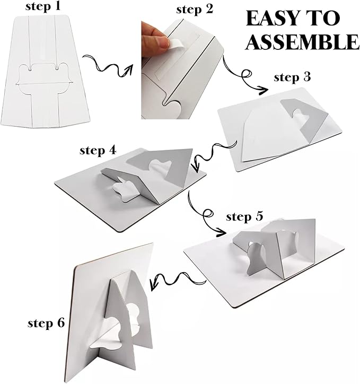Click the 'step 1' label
(42, 6)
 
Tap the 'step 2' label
(195, 10)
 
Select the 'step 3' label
(292, 77)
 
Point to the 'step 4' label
(98, 151)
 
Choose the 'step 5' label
(244, 217)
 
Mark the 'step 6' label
(46, 323)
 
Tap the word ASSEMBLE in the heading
(303, 42)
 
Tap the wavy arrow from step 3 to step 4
(214, 153)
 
